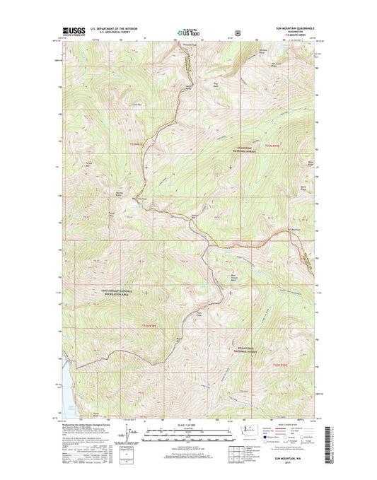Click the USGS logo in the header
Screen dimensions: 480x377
(75, 30)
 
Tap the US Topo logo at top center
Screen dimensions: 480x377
(182, 31)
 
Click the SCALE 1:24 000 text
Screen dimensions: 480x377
(187, 426)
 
